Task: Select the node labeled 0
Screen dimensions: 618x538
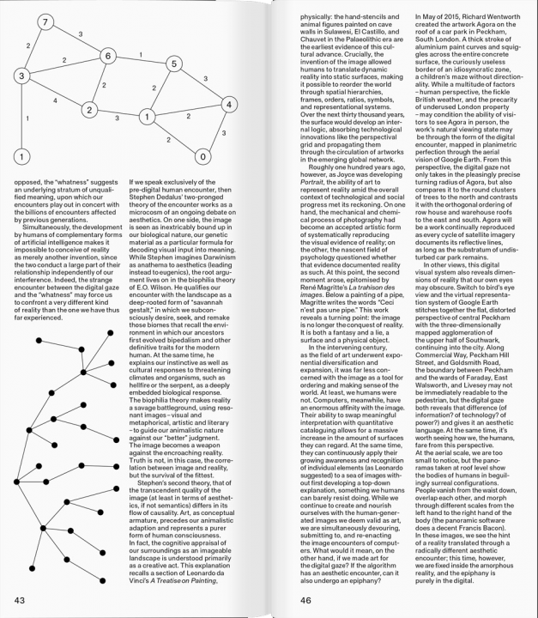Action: pos(203,156)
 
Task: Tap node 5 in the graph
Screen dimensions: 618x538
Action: pos(173,64)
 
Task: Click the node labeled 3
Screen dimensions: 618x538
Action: pos(21,76)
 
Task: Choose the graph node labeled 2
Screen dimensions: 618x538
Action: pos(88,109)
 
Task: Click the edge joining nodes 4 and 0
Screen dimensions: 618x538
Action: pos(222,132)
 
